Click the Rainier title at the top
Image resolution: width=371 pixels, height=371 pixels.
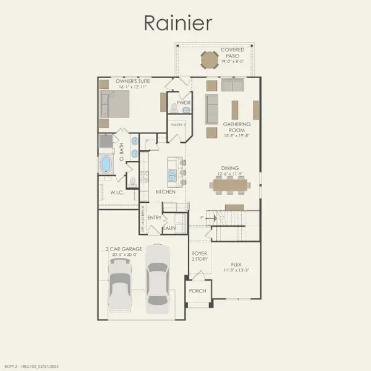(178, 23)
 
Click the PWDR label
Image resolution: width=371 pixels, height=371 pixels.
(182, 103)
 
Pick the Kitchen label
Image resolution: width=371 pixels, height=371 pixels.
(165, 192)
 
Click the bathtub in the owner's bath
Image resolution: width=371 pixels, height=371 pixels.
(106, 164)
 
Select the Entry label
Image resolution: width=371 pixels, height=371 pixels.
(154, 218)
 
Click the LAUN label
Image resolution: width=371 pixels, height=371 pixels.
(169, 229)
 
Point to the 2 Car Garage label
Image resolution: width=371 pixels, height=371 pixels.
(124, 250)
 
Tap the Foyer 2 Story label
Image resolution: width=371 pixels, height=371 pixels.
(198, 255)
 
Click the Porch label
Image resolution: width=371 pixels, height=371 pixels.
(198, 291)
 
